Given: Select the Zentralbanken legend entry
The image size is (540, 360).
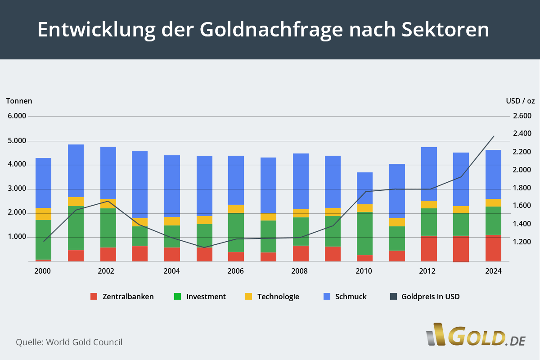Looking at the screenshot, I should (122, 297).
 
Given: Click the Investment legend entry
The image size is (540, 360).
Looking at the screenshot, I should (200, 297).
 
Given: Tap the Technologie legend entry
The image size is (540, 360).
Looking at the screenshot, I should (272, 297).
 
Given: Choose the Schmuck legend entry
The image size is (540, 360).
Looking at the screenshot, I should (345, 297).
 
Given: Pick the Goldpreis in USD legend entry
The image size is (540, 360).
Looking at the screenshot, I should (424, 297).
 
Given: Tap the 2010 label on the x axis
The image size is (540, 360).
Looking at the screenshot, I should (364, 271).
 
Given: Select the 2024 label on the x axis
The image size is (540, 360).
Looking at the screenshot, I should (493, 271).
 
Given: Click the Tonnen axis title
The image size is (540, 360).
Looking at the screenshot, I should (19, 101).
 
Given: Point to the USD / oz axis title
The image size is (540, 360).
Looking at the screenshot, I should (520, 101).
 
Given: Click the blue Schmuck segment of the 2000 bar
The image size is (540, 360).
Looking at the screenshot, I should (43, 183).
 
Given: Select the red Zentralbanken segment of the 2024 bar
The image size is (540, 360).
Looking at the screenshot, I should (493, 248).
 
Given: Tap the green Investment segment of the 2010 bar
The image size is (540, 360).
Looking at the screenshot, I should (364, 234).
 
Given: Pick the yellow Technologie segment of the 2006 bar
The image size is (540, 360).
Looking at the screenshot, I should (236, 209).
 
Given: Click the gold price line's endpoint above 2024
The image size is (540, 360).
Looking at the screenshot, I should (494, 136).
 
